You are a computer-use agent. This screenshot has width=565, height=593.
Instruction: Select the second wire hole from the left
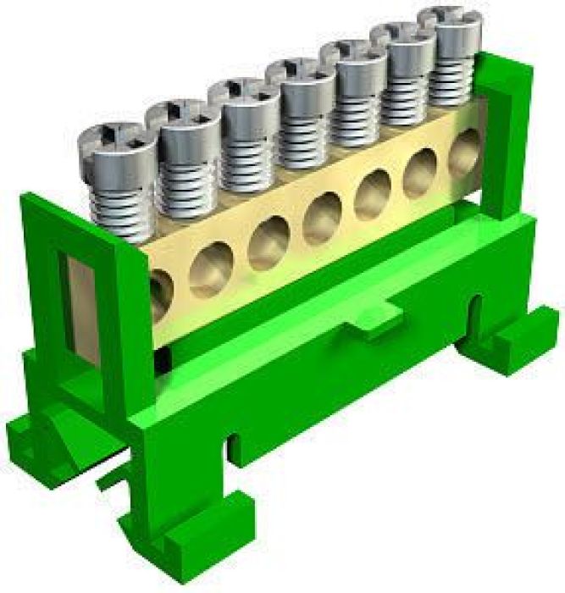click(x=209, y=269)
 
